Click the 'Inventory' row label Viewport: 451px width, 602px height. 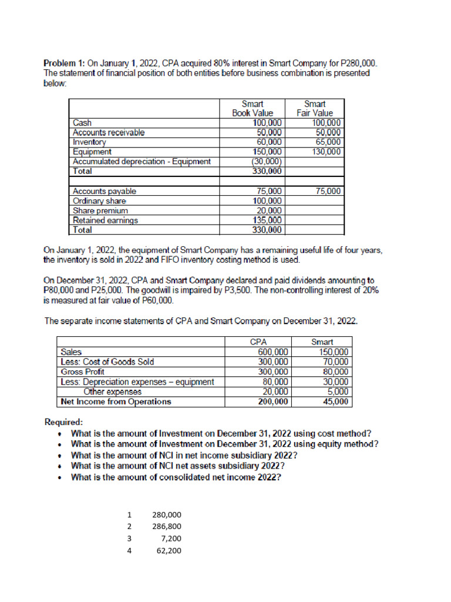(x=89, y=142)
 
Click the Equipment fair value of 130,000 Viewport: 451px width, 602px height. (x=326, y=151)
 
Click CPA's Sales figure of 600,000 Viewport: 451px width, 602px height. (x=273, y=352)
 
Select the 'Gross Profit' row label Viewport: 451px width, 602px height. (x=83, y=372)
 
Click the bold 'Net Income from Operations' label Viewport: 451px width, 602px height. (x=116, y=402)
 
